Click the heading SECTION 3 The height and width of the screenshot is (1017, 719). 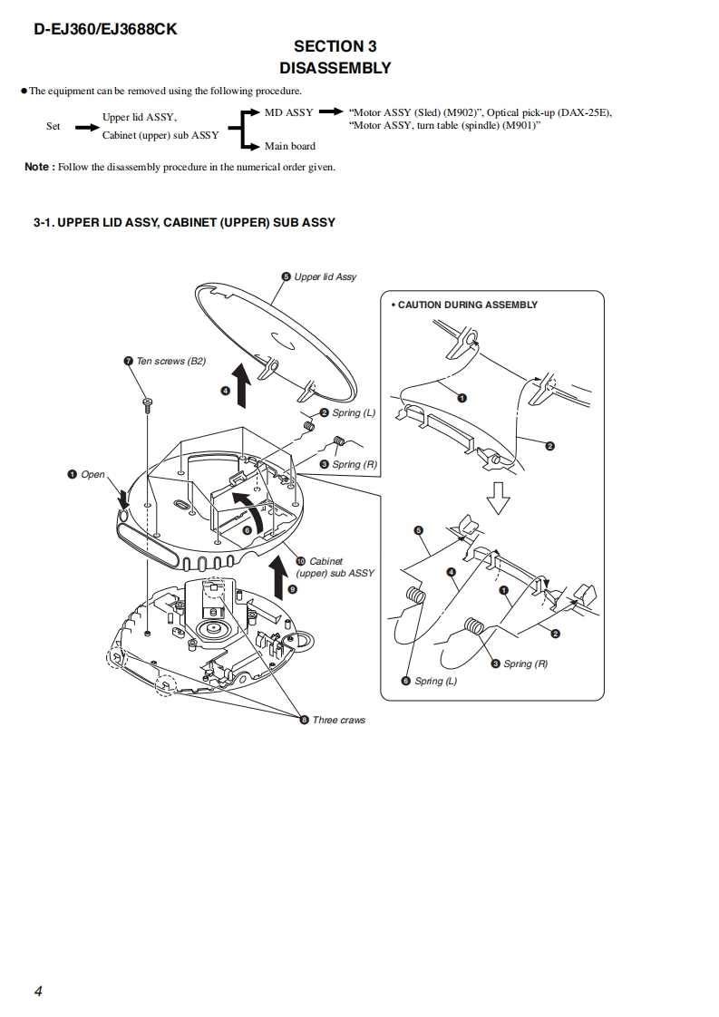[335, 46]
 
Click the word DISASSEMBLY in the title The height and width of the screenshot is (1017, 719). [335, 68]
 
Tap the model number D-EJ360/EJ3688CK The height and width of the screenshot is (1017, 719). [105, 28]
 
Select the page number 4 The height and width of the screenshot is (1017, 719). [38, 991]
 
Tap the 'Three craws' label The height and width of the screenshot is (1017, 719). [338, 720]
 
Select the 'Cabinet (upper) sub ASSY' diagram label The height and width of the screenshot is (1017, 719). [335, 567]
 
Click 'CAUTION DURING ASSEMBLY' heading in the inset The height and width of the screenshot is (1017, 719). [467, 305]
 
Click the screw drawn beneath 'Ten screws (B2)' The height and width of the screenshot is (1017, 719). [147, 405]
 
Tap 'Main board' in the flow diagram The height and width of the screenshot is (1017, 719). [290, 146]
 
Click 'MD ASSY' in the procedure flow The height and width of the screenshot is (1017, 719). [288, 112]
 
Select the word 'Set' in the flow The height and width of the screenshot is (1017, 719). [53, 126]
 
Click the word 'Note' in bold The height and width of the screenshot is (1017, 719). [37, 167]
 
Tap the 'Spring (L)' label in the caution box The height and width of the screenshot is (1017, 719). [435, 681]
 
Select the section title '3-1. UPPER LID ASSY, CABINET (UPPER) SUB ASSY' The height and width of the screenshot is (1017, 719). [184, 222]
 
